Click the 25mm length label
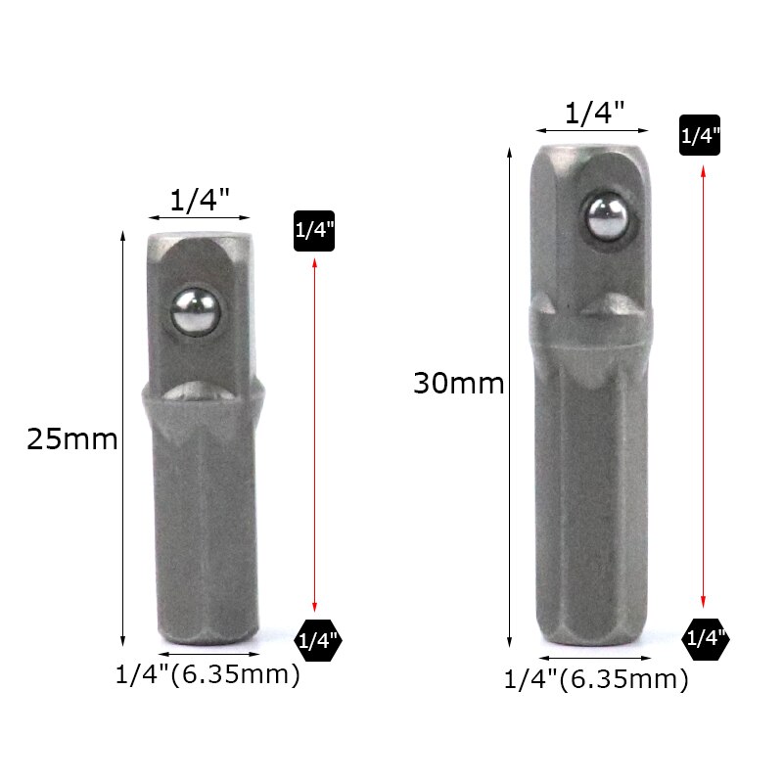pyautogui.click(x=72, y=439)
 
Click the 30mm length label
pyautogui.click(x=458, y=384)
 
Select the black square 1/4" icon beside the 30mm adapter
pyautogui.click(x=701, y=136)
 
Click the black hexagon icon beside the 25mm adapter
pyautogui.click(x=317, y=642)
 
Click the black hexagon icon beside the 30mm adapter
pyautogui.click(x=705, y=639)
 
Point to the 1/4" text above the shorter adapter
pyautogui.click(x=200, y=201)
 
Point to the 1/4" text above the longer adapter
pyautogui.click(x=594, y=114)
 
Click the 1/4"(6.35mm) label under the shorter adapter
pyautogui.click(x=207, y=675)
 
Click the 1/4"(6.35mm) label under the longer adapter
pyautogui.click(x=596, y=678)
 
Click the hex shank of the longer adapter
pyautogui.click(x=592, y=509)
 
